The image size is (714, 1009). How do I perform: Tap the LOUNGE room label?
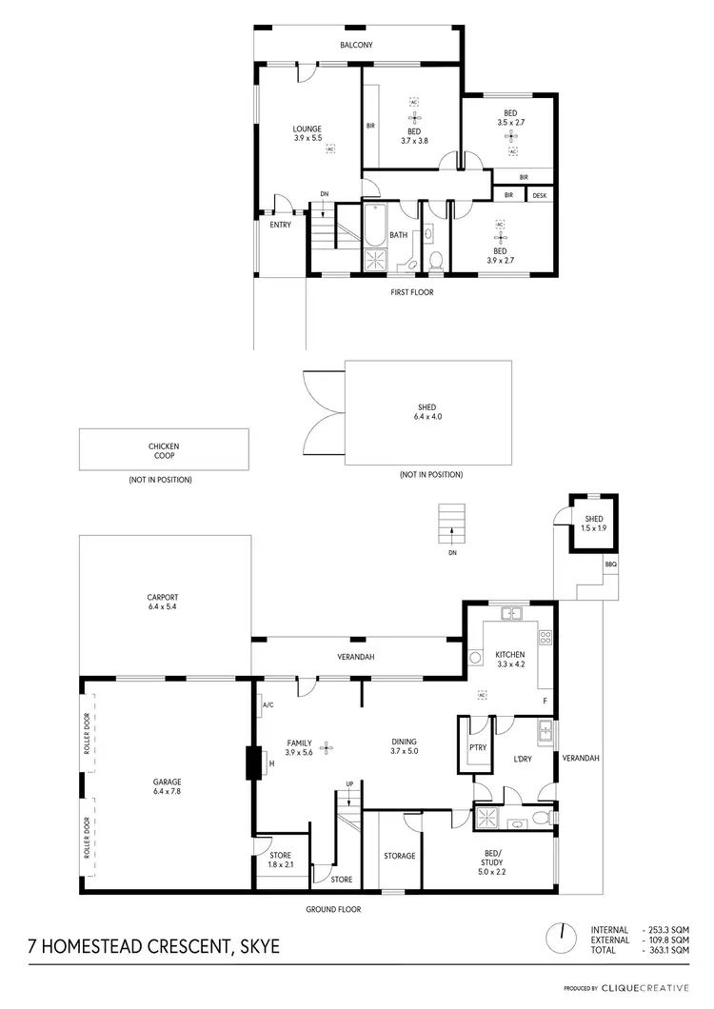[x=307, y=134]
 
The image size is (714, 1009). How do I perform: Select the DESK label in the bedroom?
[x=540, y=195]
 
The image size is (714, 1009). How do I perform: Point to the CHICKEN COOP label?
[x=164, y=451]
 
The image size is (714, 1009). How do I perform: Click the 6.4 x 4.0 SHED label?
[x=426, y=412]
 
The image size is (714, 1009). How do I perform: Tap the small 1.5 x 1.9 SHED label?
[x=593, y=523]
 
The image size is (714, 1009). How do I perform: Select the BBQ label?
[x=610, y=564]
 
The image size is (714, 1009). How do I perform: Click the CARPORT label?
[x=164, y=602]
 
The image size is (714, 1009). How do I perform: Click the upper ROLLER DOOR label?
[x=87, y=735]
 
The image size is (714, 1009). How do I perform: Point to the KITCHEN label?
[x=510, y=660]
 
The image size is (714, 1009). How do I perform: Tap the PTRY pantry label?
[x=478, y=747]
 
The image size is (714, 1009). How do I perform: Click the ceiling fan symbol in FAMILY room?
[x=327, y=747]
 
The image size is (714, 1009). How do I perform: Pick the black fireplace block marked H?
[x=254, y=763]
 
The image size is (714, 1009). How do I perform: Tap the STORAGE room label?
[x=400, y=856]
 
